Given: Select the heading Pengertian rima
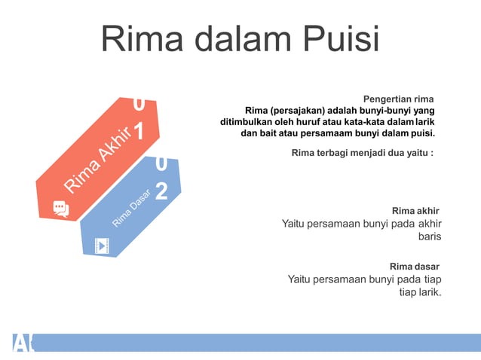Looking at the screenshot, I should coord(398,99).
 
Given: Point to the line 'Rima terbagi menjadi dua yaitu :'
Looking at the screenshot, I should coord(362,153).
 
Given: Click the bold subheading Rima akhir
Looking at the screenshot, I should coord(415,209).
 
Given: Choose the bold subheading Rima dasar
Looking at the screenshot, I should coord(414,266).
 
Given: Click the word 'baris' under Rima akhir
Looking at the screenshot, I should coord(429,236).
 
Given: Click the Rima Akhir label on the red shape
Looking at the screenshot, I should coord(99,159).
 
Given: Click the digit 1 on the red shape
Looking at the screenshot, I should coord(139,131).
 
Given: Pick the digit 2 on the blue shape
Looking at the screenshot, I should coord(161,190).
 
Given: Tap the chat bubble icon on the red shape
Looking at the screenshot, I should coord(61,209).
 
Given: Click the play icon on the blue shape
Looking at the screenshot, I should coord(101,246).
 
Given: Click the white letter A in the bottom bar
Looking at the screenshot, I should coord(19,343).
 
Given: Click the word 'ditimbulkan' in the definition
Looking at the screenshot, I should coord(247,122).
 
